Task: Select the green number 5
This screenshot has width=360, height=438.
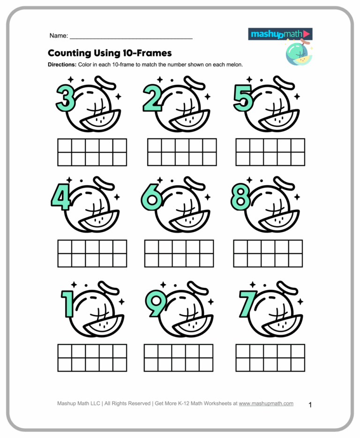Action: (243, 99)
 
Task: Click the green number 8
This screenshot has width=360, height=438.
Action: (240, 197)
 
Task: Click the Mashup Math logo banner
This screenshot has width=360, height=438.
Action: (280, 34)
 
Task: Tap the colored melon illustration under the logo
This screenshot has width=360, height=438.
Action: (298, 53)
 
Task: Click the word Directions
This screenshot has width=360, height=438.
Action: (61, 65)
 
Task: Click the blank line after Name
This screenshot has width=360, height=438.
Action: (131, 36)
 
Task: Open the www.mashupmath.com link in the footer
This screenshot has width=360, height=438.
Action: (266, 403)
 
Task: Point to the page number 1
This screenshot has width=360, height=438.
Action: (310, 404)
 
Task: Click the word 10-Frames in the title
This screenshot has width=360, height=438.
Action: (147, 53)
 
